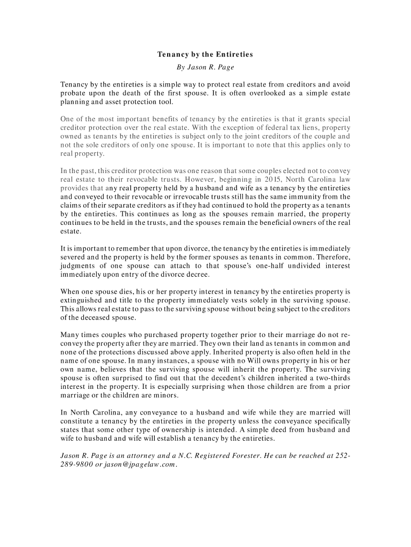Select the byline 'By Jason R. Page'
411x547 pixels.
(x=205, y=68)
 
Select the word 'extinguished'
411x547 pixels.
(x=84, y=300)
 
